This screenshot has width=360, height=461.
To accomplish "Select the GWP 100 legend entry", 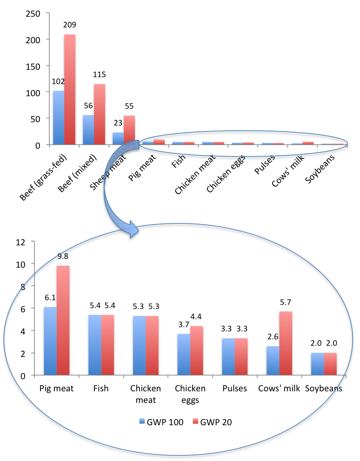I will click(x=161, y=421).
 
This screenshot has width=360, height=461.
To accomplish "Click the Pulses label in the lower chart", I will click(x=235, y=389).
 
